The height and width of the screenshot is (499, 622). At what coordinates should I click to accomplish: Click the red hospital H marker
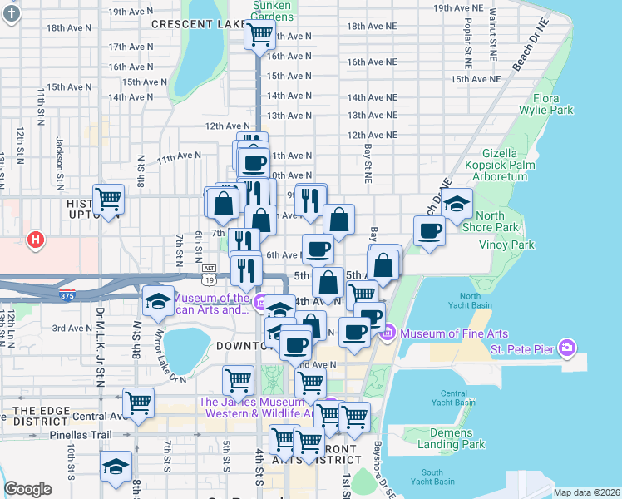[35, 240]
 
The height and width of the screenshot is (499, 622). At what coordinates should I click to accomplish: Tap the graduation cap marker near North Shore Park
[457, 202]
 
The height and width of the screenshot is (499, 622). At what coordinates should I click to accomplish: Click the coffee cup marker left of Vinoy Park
[430, 230]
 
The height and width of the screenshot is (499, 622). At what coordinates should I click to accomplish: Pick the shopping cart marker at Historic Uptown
[109, 199]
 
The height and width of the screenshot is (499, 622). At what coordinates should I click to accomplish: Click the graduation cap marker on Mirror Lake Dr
[157, 301]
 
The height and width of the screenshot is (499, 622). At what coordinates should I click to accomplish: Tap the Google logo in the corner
[28, 489]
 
